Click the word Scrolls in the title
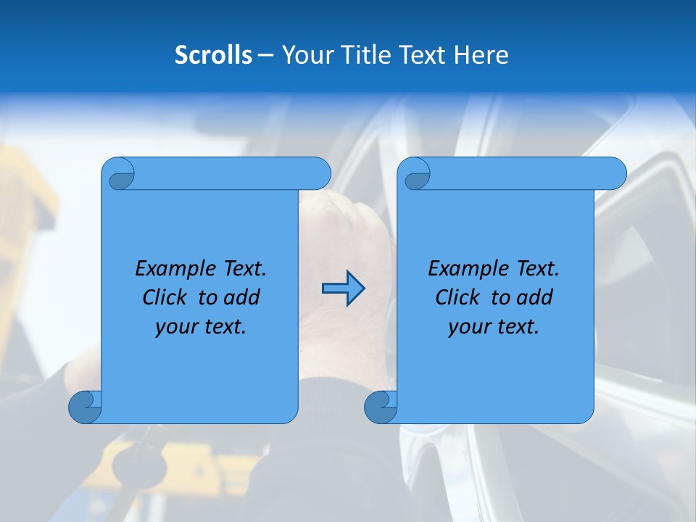click(214, 55)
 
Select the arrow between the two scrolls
click(343, 289)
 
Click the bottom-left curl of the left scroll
click(86, 407)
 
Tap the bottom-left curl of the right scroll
click(381, 407)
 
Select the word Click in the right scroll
click(457, 297)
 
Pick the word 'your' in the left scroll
click(175, 327)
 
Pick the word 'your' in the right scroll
click(468, 327)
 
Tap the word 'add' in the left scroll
click(241, 297)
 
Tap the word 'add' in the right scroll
click(534, 297)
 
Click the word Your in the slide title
click(307, 55)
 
